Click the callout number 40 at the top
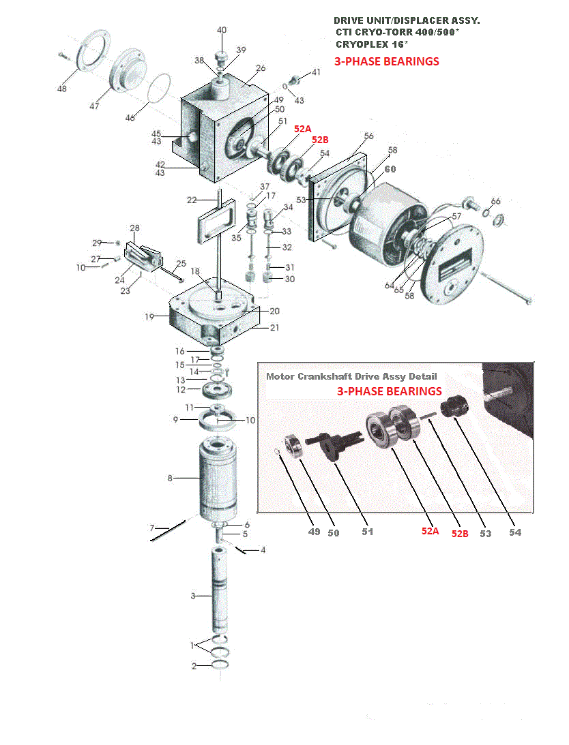222,30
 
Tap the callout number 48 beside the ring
62,89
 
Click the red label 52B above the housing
320,139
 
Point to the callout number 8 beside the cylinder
170,478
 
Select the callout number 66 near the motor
496,201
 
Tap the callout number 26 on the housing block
261,68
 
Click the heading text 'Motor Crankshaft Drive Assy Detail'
351,376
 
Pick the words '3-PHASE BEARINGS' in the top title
386,61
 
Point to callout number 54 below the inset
515,532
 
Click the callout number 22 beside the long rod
192,200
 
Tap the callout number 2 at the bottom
194,666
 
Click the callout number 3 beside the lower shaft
193,596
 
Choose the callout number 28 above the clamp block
134,228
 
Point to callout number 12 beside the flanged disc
181,390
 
